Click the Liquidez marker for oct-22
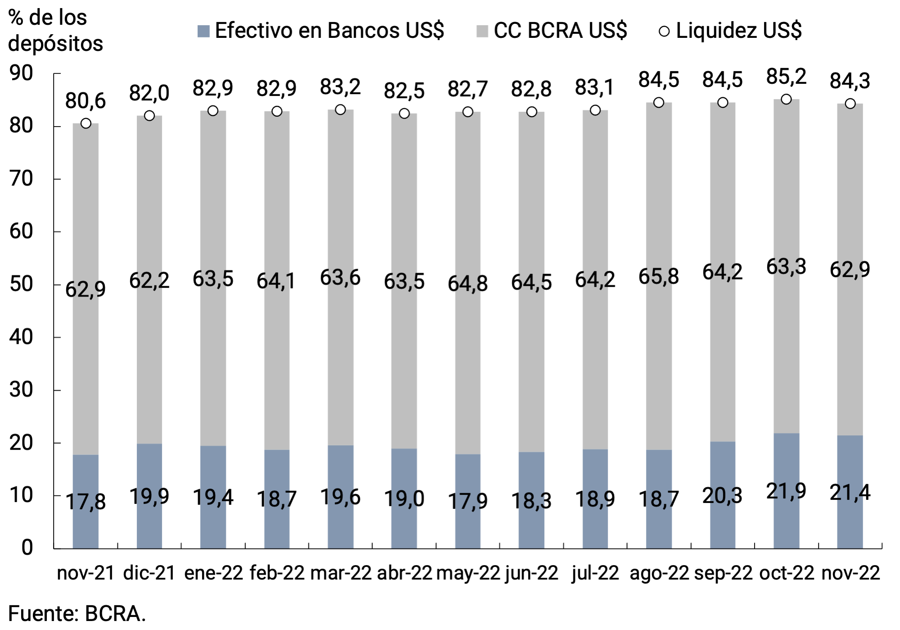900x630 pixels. (786, 99)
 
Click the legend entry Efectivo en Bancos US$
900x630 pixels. (321, 31)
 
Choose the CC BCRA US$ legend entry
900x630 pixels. (552, 31)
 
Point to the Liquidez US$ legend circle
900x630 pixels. (664, 31)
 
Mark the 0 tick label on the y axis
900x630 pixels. (27, 548)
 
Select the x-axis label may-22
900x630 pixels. (468, 573)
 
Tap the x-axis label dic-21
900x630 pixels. (149, 573)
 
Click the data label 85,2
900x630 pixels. (786, 77)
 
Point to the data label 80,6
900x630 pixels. (86, 101)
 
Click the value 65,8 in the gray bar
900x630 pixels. (659, 276)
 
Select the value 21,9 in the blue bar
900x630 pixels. (786, 491)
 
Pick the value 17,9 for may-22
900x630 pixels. (468, 501)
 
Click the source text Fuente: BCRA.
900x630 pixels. (77, 614)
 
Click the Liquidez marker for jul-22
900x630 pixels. (595, 110)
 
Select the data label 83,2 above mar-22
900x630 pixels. (340, 87)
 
